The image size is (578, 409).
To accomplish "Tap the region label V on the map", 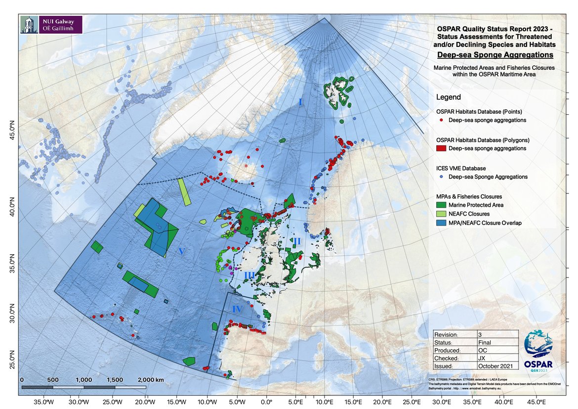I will point(181,252).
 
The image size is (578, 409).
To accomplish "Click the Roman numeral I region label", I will point(300,102).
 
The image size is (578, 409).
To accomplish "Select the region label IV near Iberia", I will point(237,309).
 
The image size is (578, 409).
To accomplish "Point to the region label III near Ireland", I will point(249,275).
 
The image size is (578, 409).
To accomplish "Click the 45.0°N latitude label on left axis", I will point(12,133).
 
